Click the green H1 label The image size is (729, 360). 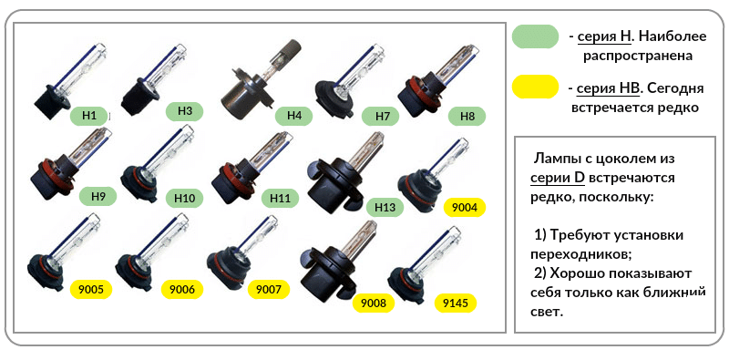pos(88,116)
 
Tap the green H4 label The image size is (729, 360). pos(293,116)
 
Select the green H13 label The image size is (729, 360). pos(385,207)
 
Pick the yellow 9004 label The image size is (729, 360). pos(465,208)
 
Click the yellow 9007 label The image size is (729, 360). pos(269,290)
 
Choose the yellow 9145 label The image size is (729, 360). pos(455,303)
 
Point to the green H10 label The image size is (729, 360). pos(185,199)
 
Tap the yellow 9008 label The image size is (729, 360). pos(374,303)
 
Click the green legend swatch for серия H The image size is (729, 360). pos(535,36)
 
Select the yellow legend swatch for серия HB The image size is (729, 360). pos(535,87)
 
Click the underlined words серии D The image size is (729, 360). pos(557,178)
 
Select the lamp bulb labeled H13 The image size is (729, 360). pos(345,173)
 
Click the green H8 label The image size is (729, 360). pos(467,116)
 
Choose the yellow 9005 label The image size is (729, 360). pos(91,290)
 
